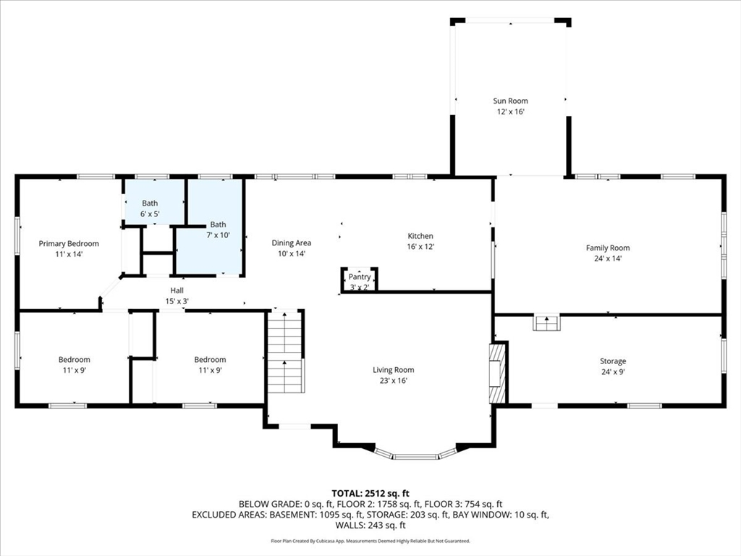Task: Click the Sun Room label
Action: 510,101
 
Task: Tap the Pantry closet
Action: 359,280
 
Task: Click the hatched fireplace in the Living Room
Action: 497,372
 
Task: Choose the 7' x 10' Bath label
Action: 218,224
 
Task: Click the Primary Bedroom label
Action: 69,244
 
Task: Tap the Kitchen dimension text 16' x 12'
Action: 420,247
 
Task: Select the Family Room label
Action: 608,248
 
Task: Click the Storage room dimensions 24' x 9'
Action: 613,372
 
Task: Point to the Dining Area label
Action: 291,243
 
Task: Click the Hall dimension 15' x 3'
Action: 177,301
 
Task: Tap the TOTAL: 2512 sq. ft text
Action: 370,494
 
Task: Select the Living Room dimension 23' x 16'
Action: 393,381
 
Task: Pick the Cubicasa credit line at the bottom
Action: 370,541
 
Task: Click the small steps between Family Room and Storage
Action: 547,322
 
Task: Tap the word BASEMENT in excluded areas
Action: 292,515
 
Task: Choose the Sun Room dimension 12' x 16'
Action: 510,112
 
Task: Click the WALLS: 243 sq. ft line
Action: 370,526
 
